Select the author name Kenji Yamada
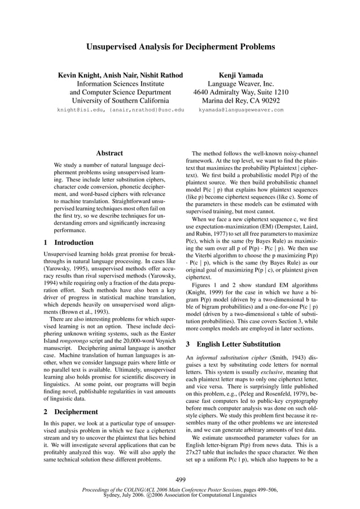[x=240, y=75]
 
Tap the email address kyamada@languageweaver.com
[x=241, y=110]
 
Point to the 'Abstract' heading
[x=109, y=153]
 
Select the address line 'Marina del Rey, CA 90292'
[x=240, y=101]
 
